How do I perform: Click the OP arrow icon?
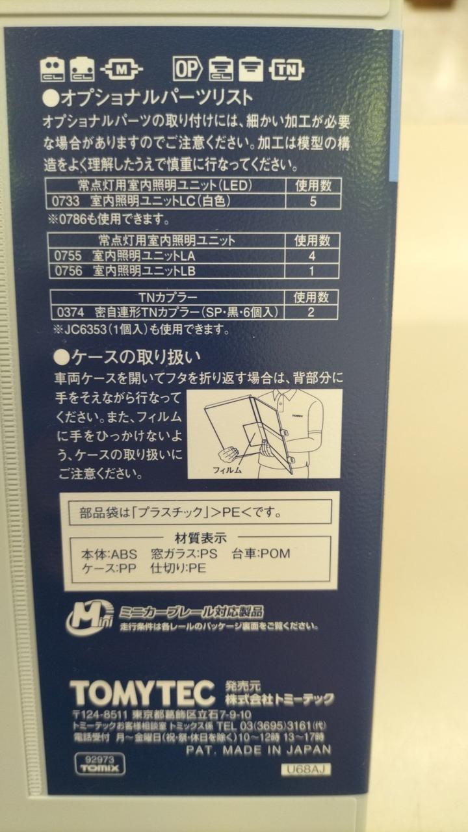pos(188,69)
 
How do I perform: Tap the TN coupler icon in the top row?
pos(287,70)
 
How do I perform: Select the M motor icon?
pos(122,69)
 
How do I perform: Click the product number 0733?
pos(66,201)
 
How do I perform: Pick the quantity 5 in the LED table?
pos(313,201)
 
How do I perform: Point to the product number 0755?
pos(68,256)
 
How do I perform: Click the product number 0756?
pos(69,271)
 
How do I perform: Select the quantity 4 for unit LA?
pos(312,256)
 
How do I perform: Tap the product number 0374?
pos(71,313)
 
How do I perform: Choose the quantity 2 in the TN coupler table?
pos(311,312)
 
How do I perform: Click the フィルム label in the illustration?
pos(227,470)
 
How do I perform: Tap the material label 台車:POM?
pos(261,554)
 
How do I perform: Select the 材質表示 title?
pos(200,538)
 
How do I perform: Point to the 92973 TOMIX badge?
pos(100,764)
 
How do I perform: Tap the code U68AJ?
pos(305,769)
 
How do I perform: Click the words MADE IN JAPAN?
pos(277,750)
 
